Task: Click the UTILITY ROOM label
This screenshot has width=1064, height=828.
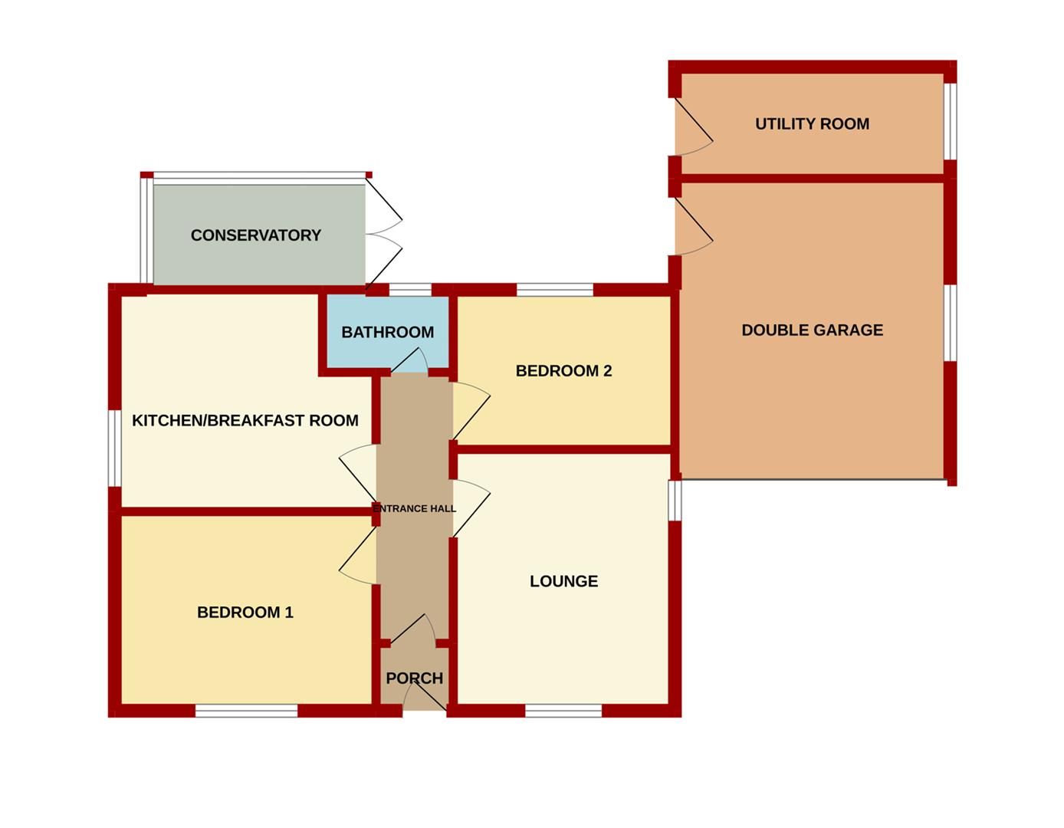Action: pos(812,124)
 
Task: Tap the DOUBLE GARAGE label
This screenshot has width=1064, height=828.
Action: pos(812,330)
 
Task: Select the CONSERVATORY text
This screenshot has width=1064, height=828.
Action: pos(255,235)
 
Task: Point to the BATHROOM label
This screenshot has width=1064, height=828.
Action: pos(387,333)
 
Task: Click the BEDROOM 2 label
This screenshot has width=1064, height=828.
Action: pos(563,371)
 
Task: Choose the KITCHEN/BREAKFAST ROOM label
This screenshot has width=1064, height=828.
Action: pos(245,421)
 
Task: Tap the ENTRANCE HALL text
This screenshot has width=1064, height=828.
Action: pos(414,508)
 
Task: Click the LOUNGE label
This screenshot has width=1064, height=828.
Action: pos(563,581)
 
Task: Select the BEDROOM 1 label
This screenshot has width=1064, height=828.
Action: pos(245,613)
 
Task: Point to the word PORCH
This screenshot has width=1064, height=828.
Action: pos(414,678)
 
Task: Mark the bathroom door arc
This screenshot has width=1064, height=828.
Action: pos(410,361)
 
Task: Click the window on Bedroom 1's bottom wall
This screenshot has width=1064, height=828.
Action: pos(246,711)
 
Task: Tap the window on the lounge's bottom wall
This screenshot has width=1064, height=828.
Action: pos(563,711)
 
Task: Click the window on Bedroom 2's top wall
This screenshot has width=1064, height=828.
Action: pos(555,290)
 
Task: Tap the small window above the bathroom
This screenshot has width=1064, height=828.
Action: pos(410,290)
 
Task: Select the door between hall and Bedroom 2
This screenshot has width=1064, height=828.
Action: pos(469,411)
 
